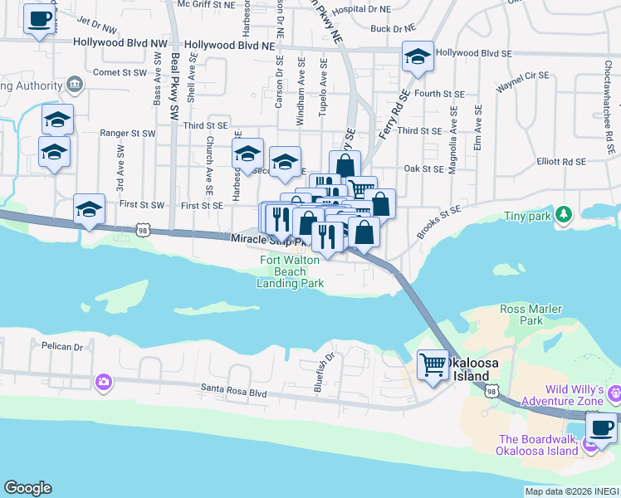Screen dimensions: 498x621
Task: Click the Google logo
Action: pyautogui.click(x=27, y=488)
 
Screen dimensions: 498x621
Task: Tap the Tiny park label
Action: pyautogui.click(x=528, y=216)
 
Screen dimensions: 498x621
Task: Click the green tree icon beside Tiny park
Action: pyautogui.click(x=565, y=215)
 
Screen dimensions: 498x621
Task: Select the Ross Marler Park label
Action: pyautogui.click(x=532, y=314)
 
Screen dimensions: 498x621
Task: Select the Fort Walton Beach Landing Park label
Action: pyautogui.click(x=290, y=271)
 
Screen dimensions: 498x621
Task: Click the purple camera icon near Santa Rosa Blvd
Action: pyautogui.click(x=103, y=382)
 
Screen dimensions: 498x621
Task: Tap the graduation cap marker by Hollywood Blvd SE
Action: pyautogui.click(x=417, y=56)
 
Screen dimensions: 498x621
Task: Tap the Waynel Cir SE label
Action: pyautogui.click(x=523, y=81)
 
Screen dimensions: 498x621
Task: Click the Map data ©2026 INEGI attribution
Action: pyautogui.click(x=572, y=491)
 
